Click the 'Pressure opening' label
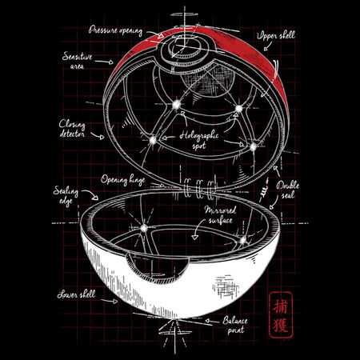click(115, 30)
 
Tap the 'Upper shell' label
click(276, 35)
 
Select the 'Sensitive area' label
click(77, 61)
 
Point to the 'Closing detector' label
click(72, 129)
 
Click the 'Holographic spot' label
click(199, 140)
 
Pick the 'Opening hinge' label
click(122, 180)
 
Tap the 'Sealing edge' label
click(66, 195)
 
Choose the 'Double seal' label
click(288, 190)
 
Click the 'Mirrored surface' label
click(220, 215)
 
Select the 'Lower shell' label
click(76, 294)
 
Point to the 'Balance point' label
click(235, 325)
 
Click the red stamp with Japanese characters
click(280, 314)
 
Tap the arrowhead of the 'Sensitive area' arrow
click(110, 62)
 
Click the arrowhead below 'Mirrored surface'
click(195, 237)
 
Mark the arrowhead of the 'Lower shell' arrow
click(115, 302)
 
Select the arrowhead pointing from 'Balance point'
click(208, 321)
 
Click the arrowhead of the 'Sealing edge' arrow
click(94, 198)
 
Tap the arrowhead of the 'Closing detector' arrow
click(101, 138)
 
